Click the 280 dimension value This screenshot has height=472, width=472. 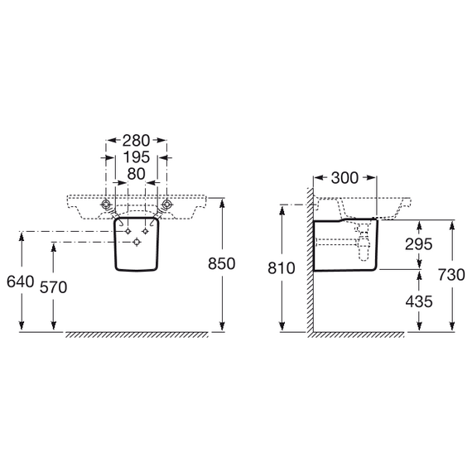[x=136, y=141]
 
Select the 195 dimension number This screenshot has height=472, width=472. [x=137, y=157]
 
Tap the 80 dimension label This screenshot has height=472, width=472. [x=137, y=174]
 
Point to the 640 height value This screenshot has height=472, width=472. [x=20, y=282]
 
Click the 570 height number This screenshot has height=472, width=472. [x=54, y=287]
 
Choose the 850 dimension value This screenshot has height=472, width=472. [x=222, y=263]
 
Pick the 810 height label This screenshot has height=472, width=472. [x=282, y=268]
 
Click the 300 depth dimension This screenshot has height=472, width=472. [x=345, y=178]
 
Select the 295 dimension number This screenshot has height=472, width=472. [x=419, y=244]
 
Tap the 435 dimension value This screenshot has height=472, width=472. [x=419, y=301]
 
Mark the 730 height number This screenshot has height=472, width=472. [x=451, y=275]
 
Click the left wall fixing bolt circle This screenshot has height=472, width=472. [x=106, y=205]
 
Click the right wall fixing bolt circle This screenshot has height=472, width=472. [x=166, y=205]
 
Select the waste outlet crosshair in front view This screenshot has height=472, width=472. [x=137, y=242]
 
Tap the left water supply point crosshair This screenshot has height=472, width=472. [x=128, y=231]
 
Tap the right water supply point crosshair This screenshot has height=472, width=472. [x=146, y=231]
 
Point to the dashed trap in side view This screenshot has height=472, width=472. [x=363, y=242]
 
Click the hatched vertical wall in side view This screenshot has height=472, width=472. [x=310, y=259]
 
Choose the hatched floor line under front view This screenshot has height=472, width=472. [x=137, y=335]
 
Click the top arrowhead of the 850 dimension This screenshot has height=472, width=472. [x=222, y=204]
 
